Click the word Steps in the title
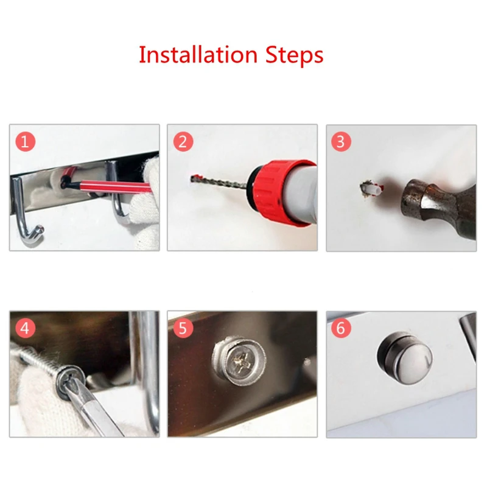tap(295, 55)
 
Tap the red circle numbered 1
tap(25, 141)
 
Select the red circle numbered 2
tap(183, 141)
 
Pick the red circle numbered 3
tap(341, 141)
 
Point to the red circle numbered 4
tap(25, 328)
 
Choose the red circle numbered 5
tap(183, 328)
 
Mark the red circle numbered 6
tap(341, 328)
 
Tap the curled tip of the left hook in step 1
tap(40, 230)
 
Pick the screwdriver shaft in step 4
tap(99, 410)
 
